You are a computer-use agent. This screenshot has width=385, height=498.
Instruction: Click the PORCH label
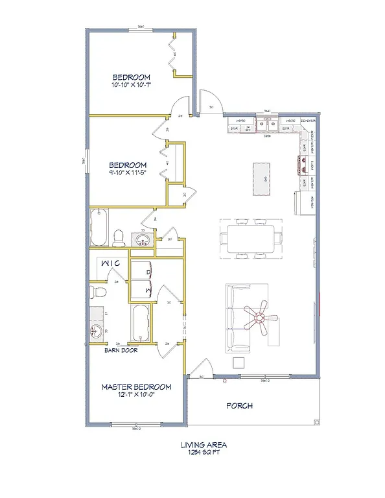pyautogui.click(x=239, y=406)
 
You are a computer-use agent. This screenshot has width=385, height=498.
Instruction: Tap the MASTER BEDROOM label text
pyautogui.click(x=136, y=387)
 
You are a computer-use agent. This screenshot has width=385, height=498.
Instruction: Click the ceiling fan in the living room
pyautogui.click(x=259, y=318)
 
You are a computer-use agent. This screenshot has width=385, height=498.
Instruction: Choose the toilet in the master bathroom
pyautogui.click(x=94, y=289)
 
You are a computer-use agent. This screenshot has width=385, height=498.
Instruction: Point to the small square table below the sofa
pyautogui.click(x=239, y=362)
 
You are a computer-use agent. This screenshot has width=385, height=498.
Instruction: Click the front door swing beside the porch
pyautogui.click(x=196, y=369)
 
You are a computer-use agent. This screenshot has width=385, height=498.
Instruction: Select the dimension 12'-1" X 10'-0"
pyautogui.click(x=136, y=396)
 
